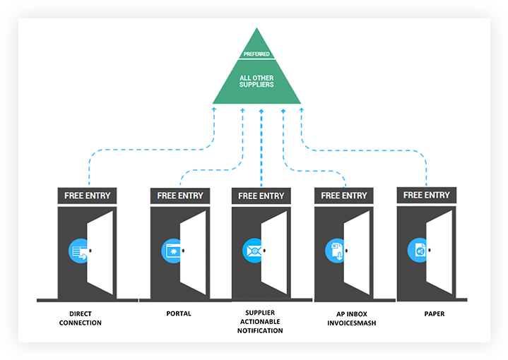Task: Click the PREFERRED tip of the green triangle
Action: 256,53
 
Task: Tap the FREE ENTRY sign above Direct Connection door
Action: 88,196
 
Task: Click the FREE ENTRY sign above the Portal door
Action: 180,196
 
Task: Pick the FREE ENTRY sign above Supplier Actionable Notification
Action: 261,196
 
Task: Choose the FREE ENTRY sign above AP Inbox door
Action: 344,196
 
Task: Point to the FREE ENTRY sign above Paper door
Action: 427,195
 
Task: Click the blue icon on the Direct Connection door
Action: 79,250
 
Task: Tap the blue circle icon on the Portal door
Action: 172,250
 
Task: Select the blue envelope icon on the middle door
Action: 253,250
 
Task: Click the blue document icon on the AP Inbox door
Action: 336,250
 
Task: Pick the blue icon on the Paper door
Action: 418,249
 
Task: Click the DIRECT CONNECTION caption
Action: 81,318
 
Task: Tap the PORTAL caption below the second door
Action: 178,313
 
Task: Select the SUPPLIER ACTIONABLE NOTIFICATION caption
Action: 261,322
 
